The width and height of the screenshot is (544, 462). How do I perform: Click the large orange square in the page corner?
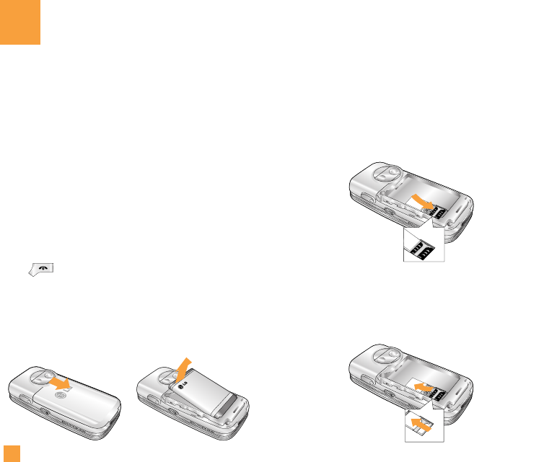click(19, 22)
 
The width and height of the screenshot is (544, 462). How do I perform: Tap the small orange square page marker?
click(9, 453)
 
